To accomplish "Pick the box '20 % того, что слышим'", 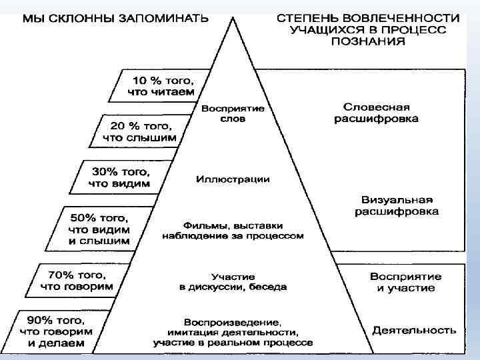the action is pyautogui.click(x=140, y=131).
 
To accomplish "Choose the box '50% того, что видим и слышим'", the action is pyautogui.click(x=99, y=229).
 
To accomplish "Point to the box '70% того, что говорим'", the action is pyautogui.click(x=77, y=280).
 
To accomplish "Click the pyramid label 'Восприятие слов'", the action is pyautogui.click(x=232, y=113).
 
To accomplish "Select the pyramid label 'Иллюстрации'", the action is pyautogui.click(x=233, y=179).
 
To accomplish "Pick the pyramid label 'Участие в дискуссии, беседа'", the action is pyautogui.click(x=233, y=281).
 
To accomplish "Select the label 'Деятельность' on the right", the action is pyautogui.click(x=414, y=329).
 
